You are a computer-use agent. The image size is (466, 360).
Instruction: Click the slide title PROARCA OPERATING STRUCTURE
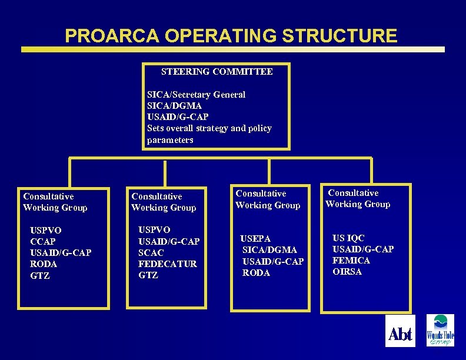point(231,36)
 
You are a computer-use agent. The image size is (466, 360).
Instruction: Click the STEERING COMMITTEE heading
point(217,72)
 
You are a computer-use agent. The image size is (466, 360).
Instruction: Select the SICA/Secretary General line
point(196,94)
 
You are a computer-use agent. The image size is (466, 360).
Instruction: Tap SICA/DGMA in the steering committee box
point(174,105)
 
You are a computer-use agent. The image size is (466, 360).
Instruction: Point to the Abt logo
point(400,334)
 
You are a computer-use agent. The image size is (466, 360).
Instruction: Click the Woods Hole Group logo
point(440,331)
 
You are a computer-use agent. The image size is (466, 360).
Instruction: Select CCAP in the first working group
point(43,242)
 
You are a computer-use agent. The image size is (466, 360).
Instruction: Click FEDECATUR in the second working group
point(168,264)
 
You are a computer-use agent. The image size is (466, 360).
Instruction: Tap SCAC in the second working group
point(151,252)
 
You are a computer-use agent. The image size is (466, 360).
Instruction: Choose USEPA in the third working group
point(256,239)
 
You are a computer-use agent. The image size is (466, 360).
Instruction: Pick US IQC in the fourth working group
point(348,238)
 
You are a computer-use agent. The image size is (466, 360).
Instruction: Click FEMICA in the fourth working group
point(351,261)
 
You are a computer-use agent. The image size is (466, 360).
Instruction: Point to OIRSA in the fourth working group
point(347,272)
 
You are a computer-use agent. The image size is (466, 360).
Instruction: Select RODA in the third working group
point(257,273)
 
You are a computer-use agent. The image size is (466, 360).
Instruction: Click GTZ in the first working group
point(40,275)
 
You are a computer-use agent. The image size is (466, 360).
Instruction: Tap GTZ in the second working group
point(148,275)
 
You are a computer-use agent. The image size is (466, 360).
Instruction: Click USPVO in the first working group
point(46,230)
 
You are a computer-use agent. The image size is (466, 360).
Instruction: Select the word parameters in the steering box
point(170,140)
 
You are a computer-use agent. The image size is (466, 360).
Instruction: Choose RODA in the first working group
point(44,264)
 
